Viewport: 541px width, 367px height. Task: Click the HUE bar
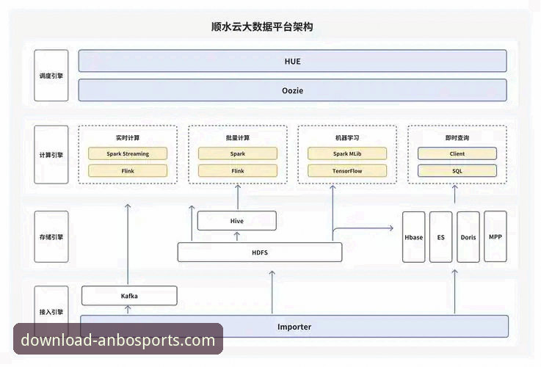click(292, 61)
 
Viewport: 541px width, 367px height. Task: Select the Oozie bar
click(292, 90)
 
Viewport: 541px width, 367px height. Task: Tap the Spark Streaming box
click(128, 153)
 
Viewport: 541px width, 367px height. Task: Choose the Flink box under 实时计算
click(128, 171)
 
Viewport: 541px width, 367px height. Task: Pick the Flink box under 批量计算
click(237, 171)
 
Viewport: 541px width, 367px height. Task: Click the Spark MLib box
click(346, 153)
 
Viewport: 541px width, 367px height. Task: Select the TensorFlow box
click(346, 171)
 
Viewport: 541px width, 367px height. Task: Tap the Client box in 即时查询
click(457, 153)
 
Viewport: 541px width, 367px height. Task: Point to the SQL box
click(457, 171)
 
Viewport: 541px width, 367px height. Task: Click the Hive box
click(237, 220)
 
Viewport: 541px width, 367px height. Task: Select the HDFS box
click(260, 252)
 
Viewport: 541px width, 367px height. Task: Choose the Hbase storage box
click(414, 237)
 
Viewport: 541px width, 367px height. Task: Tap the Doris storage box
click(468, 237)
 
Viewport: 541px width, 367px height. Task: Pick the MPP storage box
click(495, 237)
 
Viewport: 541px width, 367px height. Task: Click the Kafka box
click(129, 296)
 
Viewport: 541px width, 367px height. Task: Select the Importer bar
click(294, 326)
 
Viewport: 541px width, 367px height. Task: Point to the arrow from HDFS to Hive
click(237, 236)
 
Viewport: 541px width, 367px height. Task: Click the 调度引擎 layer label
click(51, 76)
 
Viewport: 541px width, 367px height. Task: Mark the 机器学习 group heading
click(346, 137)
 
